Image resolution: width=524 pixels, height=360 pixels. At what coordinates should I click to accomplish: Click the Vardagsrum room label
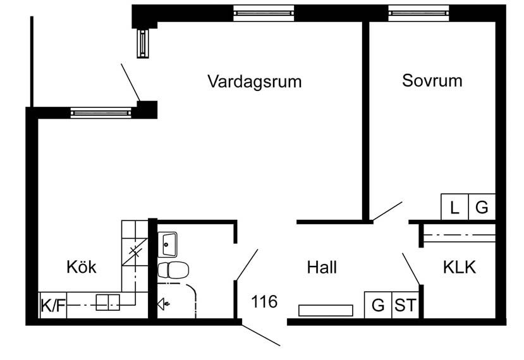click(x=254, y=81)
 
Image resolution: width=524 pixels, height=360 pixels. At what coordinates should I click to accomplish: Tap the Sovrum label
click(x=432, y=81)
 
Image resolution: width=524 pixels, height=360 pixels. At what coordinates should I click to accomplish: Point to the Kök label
click(x=82, y=267)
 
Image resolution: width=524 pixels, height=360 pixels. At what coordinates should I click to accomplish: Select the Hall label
click(x=322, y=267)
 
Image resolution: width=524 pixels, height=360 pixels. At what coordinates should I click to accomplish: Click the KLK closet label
click(x=459, y=267)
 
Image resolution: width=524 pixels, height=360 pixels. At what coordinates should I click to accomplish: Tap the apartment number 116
click(x=264, y=302)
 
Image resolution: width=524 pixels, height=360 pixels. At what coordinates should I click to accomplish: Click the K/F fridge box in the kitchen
click(x=53, y=306)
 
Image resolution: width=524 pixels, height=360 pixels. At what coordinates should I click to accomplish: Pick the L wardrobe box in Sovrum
click(x=454, y=207)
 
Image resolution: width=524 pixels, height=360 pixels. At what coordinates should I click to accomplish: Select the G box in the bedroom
click(x=482, y=207)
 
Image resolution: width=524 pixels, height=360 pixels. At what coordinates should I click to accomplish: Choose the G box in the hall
click(x=378, y=305)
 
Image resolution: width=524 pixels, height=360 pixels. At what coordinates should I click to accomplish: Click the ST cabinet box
click(x=405, y=305)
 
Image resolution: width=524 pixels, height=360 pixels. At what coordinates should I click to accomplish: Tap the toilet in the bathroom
click(x=173, y=270)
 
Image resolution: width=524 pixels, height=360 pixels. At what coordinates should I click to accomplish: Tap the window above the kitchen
click(x=101, y=112)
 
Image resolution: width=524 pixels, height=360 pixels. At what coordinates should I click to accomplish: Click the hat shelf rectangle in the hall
click(x=325, y=310)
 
